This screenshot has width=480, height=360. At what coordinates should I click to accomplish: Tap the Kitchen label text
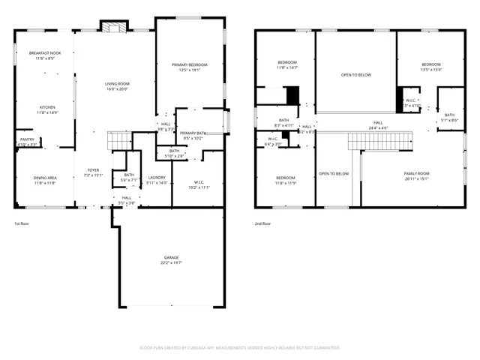click(47, 107)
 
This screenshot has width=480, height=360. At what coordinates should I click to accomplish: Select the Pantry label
click(26, 139)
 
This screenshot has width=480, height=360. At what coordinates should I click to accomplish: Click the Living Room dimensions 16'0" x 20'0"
click(117, 88)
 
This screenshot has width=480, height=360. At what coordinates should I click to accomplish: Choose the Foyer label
click(93, 170)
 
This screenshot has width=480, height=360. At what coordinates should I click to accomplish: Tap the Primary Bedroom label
click(189, 65)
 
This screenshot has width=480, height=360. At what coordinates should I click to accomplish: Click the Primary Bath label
click(193, 133)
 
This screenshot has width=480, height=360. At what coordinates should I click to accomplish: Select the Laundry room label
click(157, 178)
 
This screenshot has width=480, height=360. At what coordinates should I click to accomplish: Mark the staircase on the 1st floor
click(120, 139)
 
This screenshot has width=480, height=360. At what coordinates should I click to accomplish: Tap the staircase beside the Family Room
click(379, 140)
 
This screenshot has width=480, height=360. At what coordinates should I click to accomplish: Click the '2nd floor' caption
click(262, 223)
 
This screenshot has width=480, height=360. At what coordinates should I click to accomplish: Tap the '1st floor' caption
click(22, 223)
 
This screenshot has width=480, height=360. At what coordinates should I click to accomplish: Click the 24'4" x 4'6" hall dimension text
click(378, 127)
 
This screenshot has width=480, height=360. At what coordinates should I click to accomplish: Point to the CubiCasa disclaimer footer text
click(240, 348)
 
